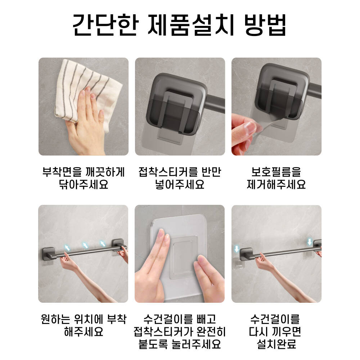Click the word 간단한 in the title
(x=105, y=25)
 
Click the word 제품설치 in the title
(x=191, y=25)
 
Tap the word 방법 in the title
(x=265, y=25)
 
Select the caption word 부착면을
(x=62, y=172)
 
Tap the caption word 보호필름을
(x=276, y=172)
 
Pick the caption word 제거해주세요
(x=276, y=184)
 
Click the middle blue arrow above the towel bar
(x=85, y=245)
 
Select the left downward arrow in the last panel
(x=237, y=249)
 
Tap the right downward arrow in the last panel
(x=310, y=242)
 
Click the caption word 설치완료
(x=276, y=344)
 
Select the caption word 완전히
(x=211, y=332)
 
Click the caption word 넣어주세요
(x=180, y=184)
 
